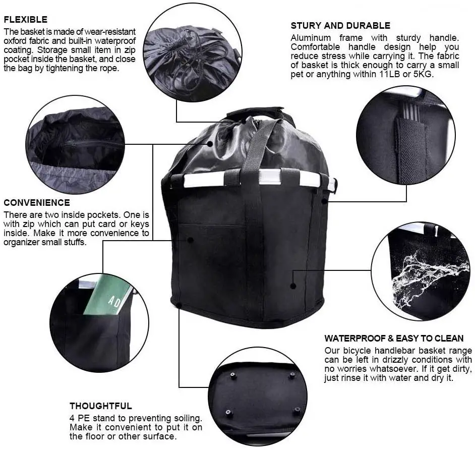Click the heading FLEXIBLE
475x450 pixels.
[25, 20]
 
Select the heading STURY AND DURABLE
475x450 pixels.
[340, 26]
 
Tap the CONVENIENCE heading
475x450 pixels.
[37, 203]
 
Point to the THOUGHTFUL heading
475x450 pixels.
[101, 406]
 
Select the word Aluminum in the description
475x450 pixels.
[311, 38]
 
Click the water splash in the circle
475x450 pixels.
[427, 277]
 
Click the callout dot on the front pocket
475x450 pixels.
[191, 240]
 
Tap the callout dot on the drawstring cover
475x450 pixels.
[210, 144]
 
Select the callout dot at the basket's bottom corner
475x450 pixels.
[179, 305]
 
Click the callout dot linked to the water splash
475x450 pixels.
[293, 286]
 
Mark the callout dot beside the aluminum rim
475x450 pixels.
[324, 201]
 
